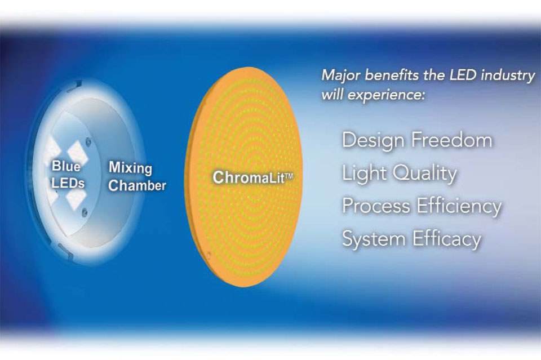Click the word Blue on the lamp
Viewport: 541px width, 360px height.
(x=66, y=166)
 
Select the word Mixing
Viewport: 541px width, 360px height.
(x=130, y=168)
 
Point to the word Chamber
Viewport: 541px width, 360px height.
(x=137, y=185)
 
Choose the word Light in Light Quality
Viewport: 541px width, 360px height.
(x=365, y=173)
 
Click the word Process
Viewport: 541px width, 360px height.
(x=376, y=206)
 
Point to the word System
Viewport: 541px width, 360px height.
(x=374, y=239)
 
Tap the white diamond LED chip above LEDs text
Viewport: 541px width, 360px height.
(x=73, y=149)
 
